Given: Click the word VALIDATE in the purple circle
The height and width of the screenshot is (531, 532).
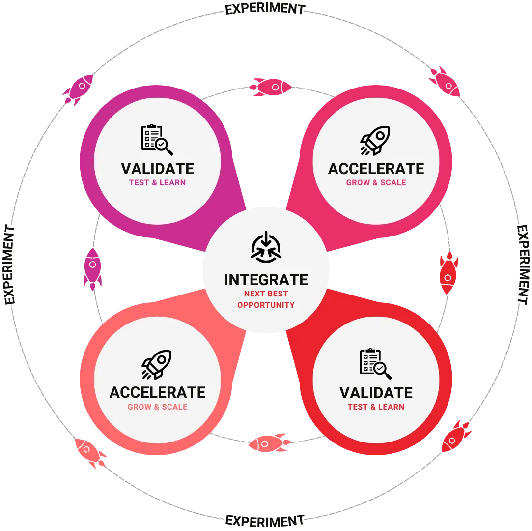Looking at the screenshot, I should click(x=157, y=169).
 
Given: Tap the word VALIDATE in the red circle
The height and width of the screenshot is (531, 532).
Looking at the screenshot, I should click(x=376, y=393).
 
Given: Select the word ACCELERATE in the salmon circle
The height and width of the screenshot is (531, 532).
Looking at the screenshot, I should click(x=157, y=392).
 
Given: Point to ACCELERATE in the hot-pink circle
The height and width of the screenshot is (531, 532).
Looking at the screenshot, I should click(x=376, y=169).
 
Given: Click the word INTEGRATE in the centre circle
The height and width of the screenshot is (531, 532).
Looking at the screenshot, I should click(x=266, y=280).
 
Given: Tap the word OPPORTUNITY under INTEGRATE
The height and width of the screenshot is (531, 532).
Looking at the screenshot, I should click(x=266, y=305).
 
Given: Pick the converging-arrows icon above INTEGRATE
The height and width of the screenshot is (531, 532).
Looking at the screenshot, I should click(x=266, y=246).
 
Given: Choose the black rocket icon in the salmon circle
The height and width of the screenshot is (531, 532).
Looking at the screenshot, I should click(x=157, y=364).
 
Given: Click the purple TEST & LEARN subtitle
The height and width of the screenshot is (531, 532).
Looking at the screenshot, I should click(x=157, y=182).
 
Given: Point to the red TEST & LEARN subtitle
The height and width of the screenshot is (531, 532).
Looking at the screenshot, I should click(x=376, y=407).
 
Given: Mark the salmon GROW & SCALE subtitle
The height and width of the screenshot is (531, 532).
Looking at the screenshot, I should click(x=157, y=407).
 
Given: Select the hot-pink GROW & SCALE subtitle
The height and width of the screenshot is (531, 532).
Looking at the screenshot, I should click(x=376, y=182).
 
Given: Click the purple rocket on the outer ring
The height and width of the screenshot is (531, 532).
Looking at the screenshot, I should click(x=78, y=89).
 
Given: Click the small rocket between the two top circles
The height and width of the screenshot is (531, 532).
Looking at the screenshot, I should click(x=270, y=87).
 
